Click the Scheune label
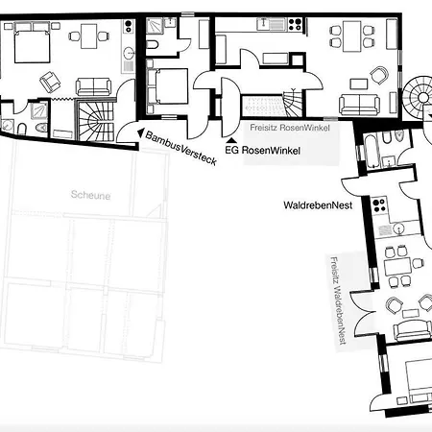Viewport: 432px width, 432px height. pos(90,195)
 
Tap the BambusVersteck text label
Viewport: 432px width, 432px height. pos(181,148)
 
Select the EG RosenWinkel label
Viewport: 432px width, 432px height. pos(262,150)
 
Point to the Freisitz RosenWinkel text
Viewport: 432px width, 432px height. pos(290,128)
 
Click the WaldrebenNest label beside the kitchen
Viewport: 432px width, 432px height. pos(318,205)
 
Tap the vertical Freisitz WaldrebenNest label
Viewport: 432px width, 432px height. pos(338,300)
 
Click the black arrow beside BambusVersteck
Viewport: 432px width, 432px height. pos(140,132)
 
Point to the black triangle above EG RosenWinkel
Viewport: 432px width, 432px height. pos(231,140)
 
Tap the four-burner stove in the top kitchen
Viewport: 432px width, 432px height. pos(295,24)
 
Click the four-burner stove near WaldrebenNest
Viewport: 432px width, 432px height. pos(379,205)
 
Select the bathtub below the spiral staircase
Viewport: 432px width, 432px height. pos(372,152)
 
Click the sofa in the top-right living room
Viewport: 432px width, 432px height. pos(359,105)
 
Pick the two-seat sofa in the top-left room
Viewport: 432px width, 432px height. pos(93,86)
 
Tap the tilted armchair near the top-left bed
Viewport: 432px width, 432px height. pos(50,82)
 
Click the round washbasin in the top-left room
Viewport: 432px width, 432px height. pos(129,53)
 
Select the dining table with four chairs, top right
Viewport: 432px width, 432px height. pos(352,36)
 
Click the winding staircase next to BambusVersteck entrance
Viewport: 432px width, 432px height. pos(96,121)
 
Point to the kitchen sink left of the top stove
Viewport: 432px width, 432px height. pos(271,24)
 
